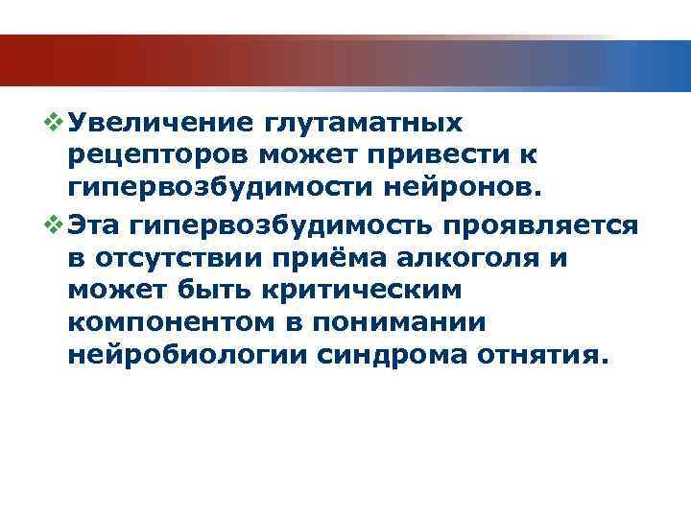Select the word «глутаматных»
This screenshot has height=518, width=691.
pos(359,124)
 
